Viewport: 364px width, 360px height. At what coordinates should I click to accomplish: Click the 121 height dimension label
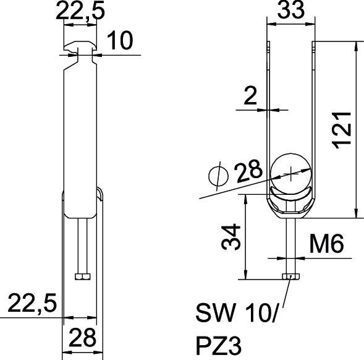(342, 130)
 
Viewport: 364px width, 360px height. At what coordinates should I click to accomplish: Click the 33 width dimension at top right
(290, 9)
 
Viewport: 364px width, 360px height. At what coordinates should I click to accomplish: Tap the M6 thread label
(327, 244)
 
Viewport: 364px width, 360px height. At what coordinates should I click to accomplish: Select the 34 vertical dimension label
(231, 237)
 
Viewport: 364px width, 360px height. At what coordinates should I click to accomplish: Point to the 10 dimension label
(120, 40)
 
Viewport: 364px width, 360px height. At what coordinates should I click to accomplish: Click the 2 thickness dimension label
(250, 95)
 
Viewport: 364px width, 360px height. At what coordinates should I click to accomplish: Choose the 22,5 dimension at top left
(80, 11)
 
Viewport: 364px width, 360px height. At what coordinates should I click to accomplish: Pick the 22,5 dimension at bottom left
(32, 303)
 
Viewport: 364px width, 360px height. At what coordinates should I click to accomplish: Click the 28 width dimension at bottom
(82, 337)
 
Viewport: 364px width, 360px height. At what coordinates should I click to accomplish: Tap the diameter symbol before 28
(218, 176)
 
